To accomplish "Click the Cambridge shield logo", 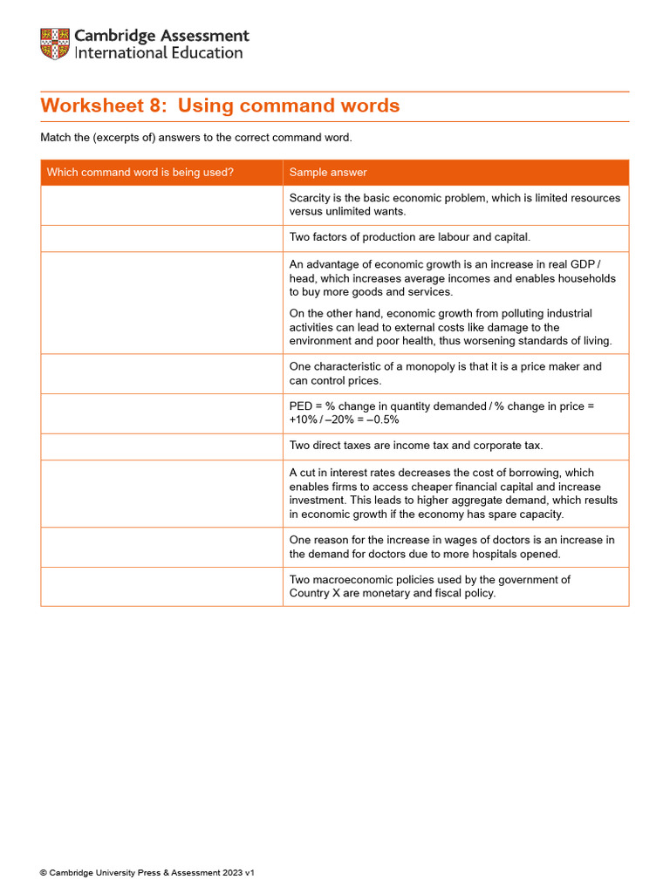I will tap(54, 44).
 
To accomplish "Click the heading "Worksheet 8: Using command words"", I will tap(220, 106).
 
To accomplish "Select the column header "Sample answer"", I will tap(328, 173).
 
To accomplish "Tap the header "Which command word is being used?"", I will tap(140, 173).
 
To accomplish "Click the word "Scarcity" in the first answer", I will tap(311, 198).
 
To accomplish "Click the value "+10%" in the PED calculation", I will tap(304, 419).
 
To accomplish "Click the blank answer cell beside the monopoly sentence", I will tap(161, 373).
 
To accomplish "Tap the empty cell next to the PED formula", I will tap(161, 413).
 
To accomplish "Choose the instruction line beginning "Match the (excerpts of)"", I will tap(196, 138).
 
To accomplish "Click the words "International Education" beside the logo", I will tap(159, 53).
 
